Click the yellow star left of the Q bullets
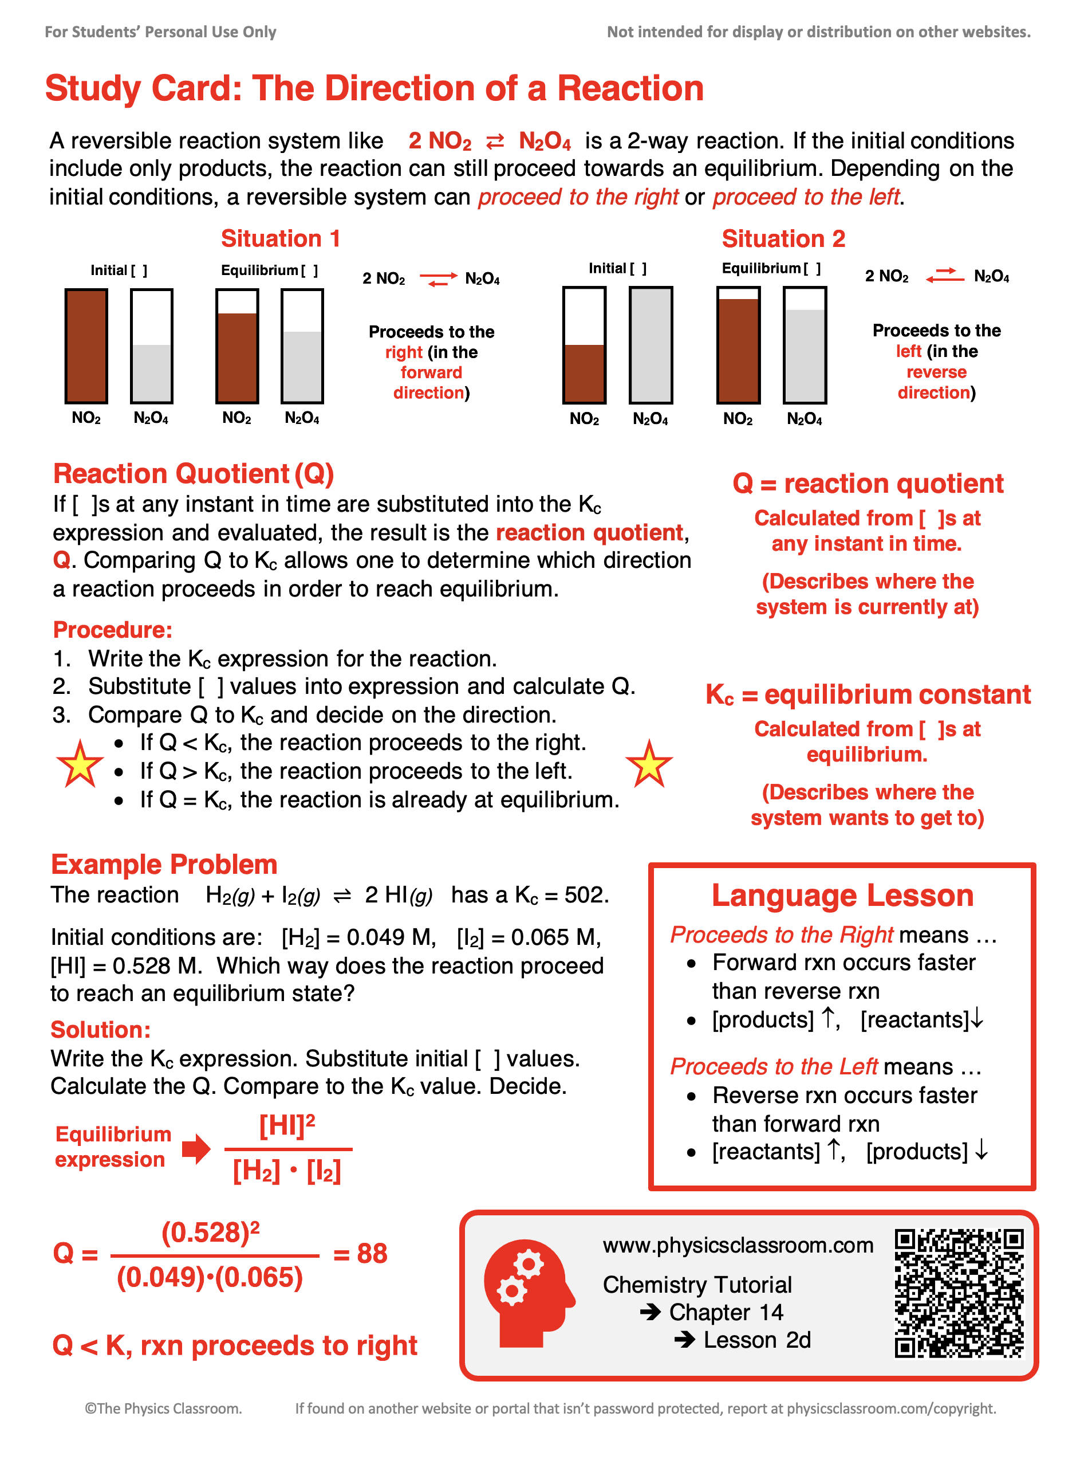coord(80,764)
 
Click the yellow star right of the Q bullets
coord(649,764)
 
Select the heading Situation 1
coord(281,238)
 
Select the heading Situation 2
coord(783,238)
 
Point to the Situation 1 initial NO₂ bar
coord(86,346)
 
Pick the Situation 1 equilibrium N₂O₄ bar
coord(302,346)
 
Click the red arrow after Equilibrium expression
coord(196,1148)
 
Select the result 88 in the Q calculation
coord(372,1253)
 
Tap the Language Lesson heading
coord(842,896)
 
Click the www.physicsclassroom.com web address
coord(738,1245)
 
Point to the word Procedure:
coord(113,630)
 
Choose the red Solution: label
coord(101,1029)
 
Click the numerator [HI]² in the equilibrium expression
coord(287,1126)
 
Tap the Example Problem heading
coord(164,865)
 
